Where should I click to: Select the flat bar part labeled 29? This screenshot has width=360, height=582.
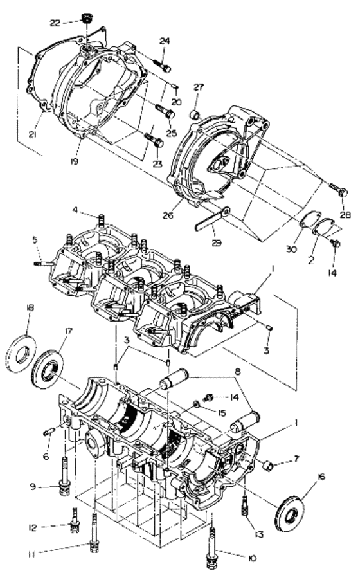pos(212,218)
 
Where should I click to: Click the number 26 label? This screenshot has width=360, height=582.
pos(168,215)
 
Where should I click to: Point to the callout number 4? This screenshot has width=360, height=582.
pos(75,210)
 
